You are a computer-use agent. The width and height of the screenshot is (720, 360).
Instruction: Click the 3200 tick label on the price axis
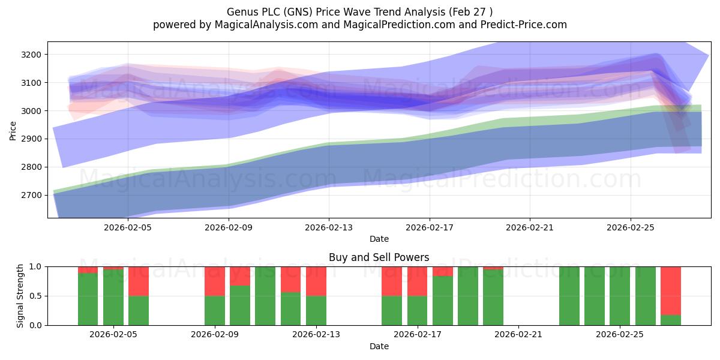coord(31,55)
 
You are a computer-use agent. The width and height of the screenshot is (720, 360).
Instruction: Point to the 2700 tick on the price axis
coord(31,195)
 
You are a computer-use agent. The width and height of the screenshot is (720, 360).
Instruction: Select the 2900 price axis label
coord(31,139)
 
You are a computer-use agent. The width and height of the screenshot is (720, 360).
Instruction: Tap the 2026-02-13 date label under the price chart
coord(329,227)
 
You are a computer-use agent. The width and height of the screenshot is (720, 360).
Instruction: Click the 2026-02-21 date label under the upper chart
coord(530,227)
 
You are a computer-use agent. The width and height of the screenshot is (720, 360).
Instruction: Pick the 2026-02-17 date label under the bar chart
coord(417,334)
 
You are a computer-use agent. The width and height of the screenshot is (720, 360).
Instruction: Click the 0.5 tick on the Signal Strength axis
coord(35,296)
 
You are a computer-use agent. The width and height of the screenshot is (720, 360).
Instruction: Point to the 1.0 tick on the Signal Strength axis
coord(35,266)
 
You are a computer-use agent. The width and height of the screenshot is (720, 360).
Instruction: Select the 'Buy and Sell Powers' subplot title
coord(379,257)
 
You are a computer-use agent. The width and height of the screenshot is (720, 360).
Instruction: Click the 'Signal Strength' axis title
coord(20,296)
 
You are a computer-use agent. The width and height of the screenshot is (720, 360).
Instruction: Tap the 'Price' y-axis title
coord(13,131)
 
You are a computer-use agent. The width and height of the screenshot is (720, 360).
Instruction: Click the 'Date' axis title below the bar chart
coord(379,346)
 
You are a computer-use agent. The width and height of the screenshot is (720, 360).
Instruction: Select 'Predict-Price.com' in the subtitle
coord(524,25)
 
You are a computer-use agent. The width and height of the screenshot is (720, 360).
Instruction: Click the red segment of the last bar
coord(671,291)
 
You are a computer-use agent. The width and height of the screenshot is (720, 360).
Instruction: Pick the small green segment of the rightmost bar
coord(671,320)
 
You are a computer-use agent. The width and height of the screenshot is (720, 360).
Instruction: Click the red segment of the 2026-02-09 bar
coord(215,281)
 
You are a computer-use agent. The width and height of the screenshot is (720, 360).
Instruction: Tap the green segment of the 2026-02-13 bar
coord(316,311)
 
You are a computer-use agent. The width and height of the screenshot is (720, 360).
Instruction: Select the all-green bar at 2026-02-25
coord(620,296)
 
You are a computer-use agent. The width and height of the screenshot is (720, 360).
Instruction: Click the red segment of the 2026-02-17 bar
coord(417,281)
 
